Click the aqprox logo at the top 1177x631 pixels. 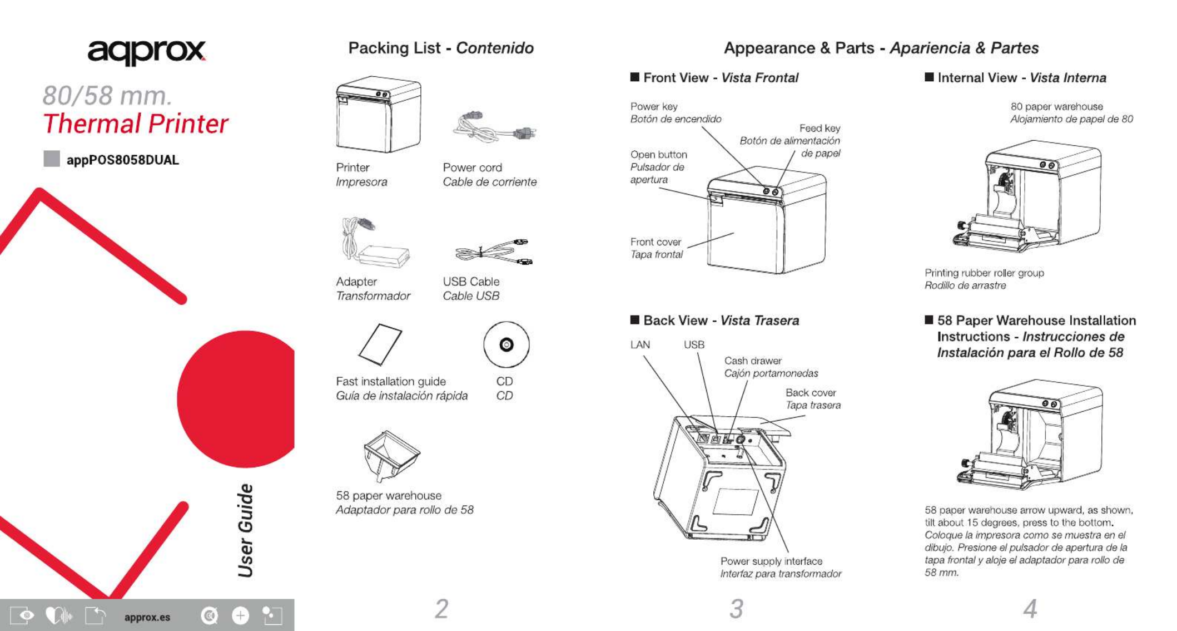click(146, 52)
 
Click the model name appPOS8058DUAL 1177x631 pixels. click(122, 160)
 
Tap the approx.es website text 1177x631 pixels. click(147, 617)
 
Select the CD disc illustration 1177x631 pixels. click(506, 345)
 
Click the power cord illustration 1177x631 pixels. click(494, 127)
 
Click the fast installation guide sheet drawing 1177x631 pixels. click(380, 344)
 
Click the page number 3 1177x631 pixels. click(736, 608)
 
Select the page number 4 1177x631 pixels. click(1030, 608)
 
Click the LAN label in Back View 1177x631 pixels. click(640, 345)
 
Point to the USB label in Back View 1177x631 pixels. click(694, 345)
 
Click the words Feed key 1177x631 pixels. click(820, 129)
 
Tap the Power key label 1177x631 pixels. click(654, 106)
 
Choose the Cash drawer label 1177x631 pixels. click(753, 361)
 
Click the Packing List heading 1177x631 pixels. click(394, 48)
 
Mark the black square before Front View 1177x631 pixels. click(635, 77)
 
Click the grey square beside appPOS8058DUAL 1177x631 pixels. click(52, 159)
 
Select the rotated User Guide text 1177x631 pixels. click(246, 530)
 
